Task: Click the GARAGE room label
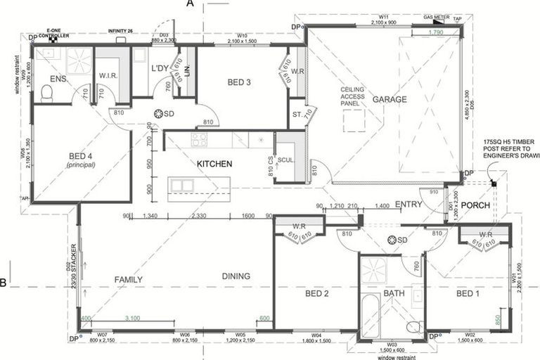click(390, 99)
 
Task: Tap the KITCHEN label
click(214, 164)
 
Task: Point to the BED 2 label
click(317, 293)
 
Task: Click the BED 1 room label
click(469, 293)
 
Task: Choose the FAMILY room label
click(129, 279)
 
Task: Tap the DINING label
click(236, 276)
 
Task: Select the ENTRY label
click(408, 204)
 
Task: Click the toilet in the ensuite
click(47, 93)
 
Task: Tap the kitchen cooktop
click(200, 139)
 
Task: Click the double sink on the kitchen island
click(181, 186)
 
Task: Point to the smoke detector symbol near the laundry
click(160, 113)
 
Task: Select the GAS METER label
click(436, 15)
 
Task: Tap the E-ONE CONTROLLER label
click(53, 33)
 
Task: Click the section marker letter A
click(190, 4)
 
